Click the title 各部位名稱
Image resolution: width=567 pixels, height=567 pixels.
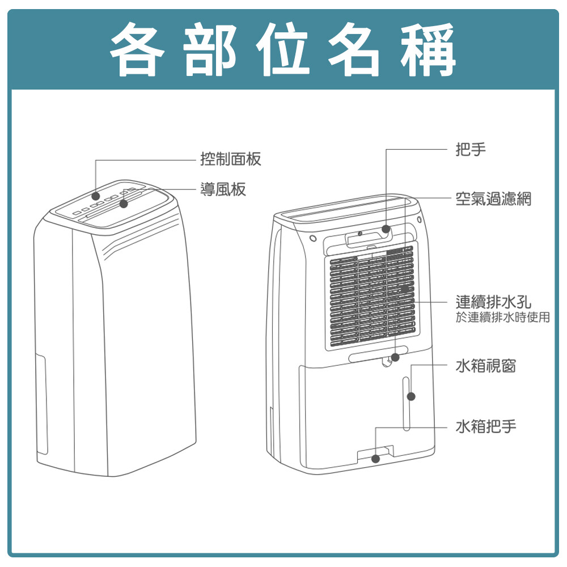[282, 49]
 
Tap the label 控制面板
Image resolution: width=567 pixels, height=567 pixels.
[231, 159]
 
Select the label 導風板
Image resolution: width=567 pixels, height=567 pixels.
[223, 189]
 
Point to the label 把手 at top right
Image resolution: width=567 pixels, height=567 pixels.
[471, 149]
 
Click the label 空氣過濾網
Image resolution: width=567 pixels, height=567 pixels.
[493, 198]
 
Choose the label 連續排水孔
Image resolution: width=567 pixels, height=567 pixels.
[493, 302]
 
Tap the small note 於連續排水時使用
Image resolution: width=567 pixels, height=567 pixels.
[502, 317]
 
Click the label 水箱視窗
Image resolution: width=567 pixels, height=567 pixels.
[486, 366]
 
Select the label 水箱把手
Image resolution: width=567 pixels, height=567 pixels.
[486, 426]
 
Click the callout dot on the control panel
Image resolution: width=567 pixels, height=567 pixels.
[96, 196]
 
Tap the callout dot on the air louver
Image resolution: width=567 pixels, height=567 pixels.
[124, 204]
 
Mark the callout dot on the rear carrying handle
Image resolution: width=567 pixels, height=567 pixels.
[386, 229]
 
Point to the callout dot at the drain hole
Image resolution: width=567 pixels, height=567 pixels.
[395, 357]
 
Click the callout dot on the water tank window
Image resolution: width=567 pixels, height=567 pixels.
[411, 396]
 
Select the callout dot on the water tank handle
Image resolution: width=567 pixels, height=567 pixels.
[376, 459]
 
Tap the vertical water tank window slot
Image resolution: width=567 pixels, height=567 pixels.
[406, 404]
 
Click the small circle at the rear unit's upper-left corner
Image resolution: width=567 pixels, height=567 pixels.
[314, 238]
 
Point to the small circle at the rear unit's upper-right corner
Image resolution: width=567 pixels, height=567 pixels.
[419, 219]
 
